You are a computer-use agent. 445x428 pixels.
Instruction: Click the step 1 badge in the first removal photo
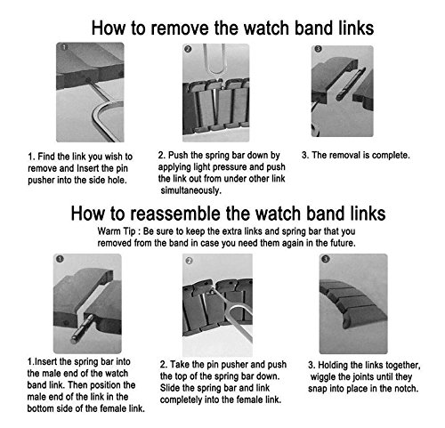(64, 47)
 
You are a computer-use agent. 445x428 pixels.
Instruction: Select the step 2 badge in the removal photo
(188, 49)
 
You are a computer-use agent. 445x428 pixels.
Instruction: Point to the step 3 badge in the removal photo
(318, 49)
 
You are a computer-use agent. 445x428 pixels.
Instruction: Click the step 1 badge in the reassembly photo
(60, 259)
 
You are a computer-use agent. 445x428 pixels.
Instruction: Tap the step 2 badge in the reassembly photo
(189, 261)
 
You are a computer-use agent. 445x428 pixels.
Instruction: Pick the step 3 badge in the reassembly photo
(326, 259)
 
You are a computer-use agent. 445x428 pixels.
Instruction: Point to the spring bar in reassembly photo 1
(83, 328)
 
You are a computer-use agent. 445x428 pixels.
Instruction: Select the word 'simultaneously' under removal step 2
(190, 190)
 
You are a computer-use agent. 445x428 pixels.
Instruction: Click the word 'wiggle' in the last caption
(323, 377)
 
